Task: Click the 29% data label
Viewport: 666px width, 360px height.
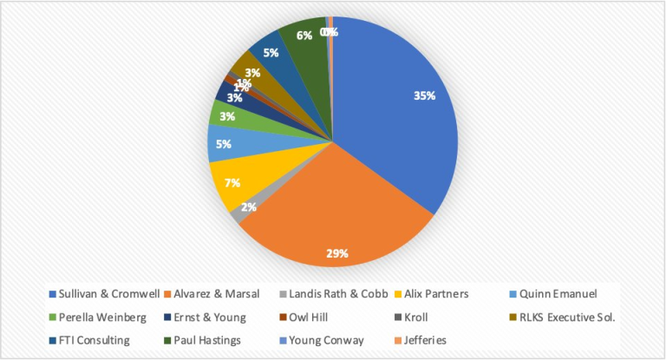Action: coord(337,253)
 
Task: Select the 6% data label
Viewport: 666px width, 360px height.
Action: coord(304,36)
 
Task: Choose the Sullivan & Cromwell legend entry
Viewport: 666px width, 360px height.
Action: coord(108,295)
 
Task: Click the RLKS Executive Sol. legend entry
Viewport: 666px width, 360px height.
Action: coord(569,317)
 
